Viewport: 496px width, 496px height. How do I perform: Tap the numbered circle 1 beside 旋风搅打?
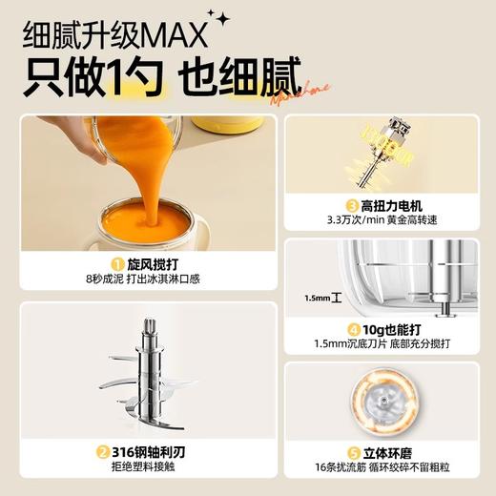click(x=118, y=264)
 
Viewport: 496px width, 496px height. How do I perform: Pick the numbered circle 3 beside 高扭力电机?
click(x=352, y=204)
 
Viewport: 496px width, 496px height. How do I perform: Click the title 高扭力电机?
click(x=394, y=204)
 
